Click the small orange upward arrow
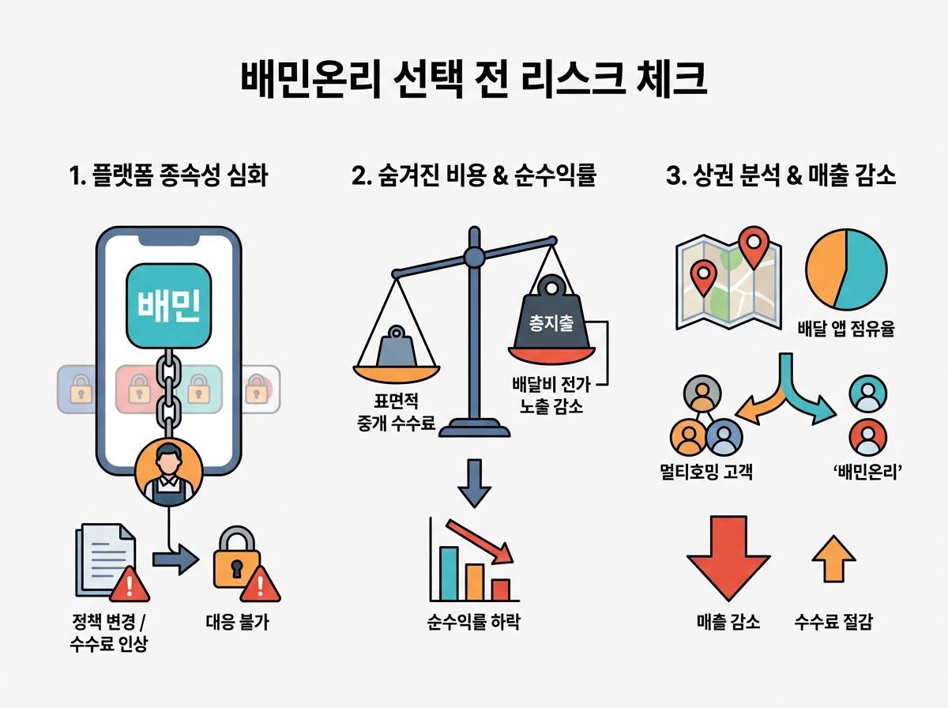pyautogui.click(x=833, y=557)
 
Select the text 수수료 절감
pyautogui.click(x=833, y=622)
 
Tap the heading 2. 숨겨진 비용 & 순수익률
pyautogui.click(x=473, y=175)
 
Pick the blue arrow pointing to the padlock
pyautogui.click(x=176, y=560)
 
